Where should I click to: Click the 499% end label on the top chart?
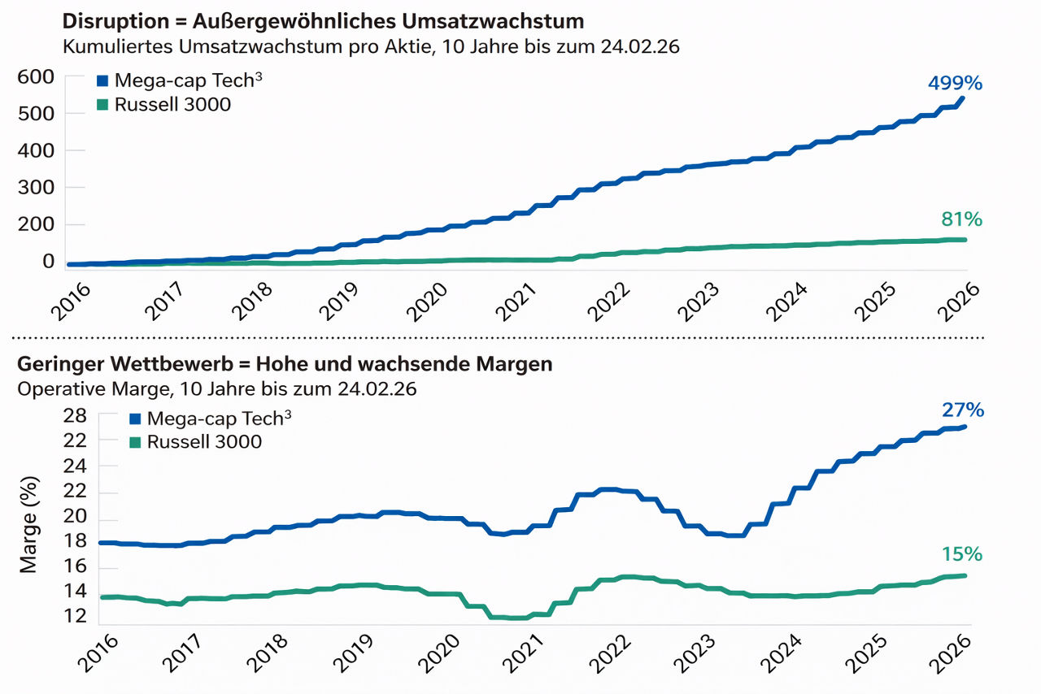pos(955,83)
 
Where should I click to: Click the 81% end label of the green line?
pos(961,219)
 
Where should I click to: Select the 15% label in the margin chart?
pos(962,554)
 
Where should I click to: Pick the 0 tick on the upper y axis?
pos(48,262)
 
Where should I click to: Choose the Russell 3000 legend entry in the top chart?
pos(172,104)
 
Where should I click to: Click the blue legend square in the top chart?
pos(102,80)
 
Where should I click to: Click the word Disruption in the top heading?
pos(106,20)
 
